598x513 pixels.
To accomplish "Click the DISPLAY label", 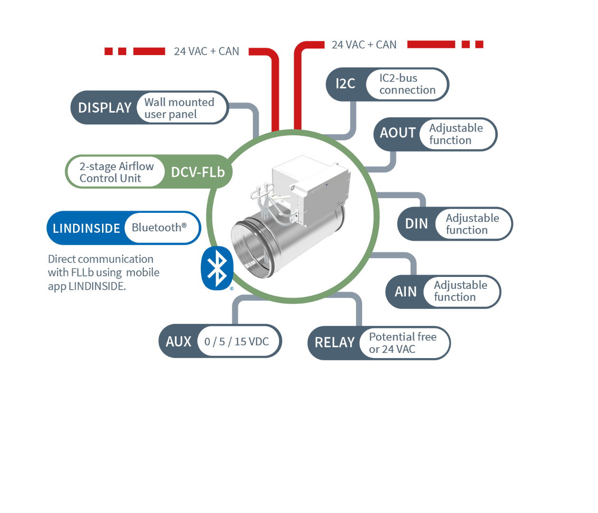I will point(104,108).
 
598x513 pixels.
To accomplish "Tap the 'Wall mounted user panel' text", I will point(179,108).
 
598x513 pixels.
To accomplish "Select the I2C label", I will point(345,84).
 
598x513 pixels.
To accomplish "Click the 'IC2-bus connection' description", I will point(407,84).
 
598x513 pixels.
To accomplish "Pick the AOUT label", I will point(398,133).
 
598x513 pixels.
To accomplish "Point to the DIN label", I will point(416,224).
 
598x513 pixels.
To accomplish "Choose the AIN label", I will point(406,292).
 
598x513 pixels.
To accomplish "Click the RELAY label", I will point(335,342).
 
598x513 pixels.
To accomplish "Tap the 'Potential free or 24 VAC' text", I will point(402,343).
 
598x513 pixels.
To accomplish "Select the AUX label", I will point(178,342).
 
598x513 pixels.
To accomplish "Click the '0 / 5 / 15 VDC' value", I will point(236,342).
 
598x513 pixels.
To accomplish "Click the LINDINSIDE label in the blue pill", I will point(86,228).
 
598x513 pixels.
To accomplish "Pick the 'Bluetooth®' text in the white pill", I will point(159,228).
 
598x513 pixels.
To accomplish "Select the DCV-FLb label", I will point(197,172).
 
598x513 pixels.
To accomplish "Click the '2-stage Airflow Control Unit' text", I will point(116,172).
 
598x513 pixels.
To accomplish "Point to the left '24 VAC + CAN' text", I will point(206,51).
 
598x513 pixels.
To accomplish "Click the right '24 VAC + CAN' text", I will point(364,45).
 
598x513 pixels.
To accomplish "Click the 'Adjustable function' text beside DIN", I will point(472,224).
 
